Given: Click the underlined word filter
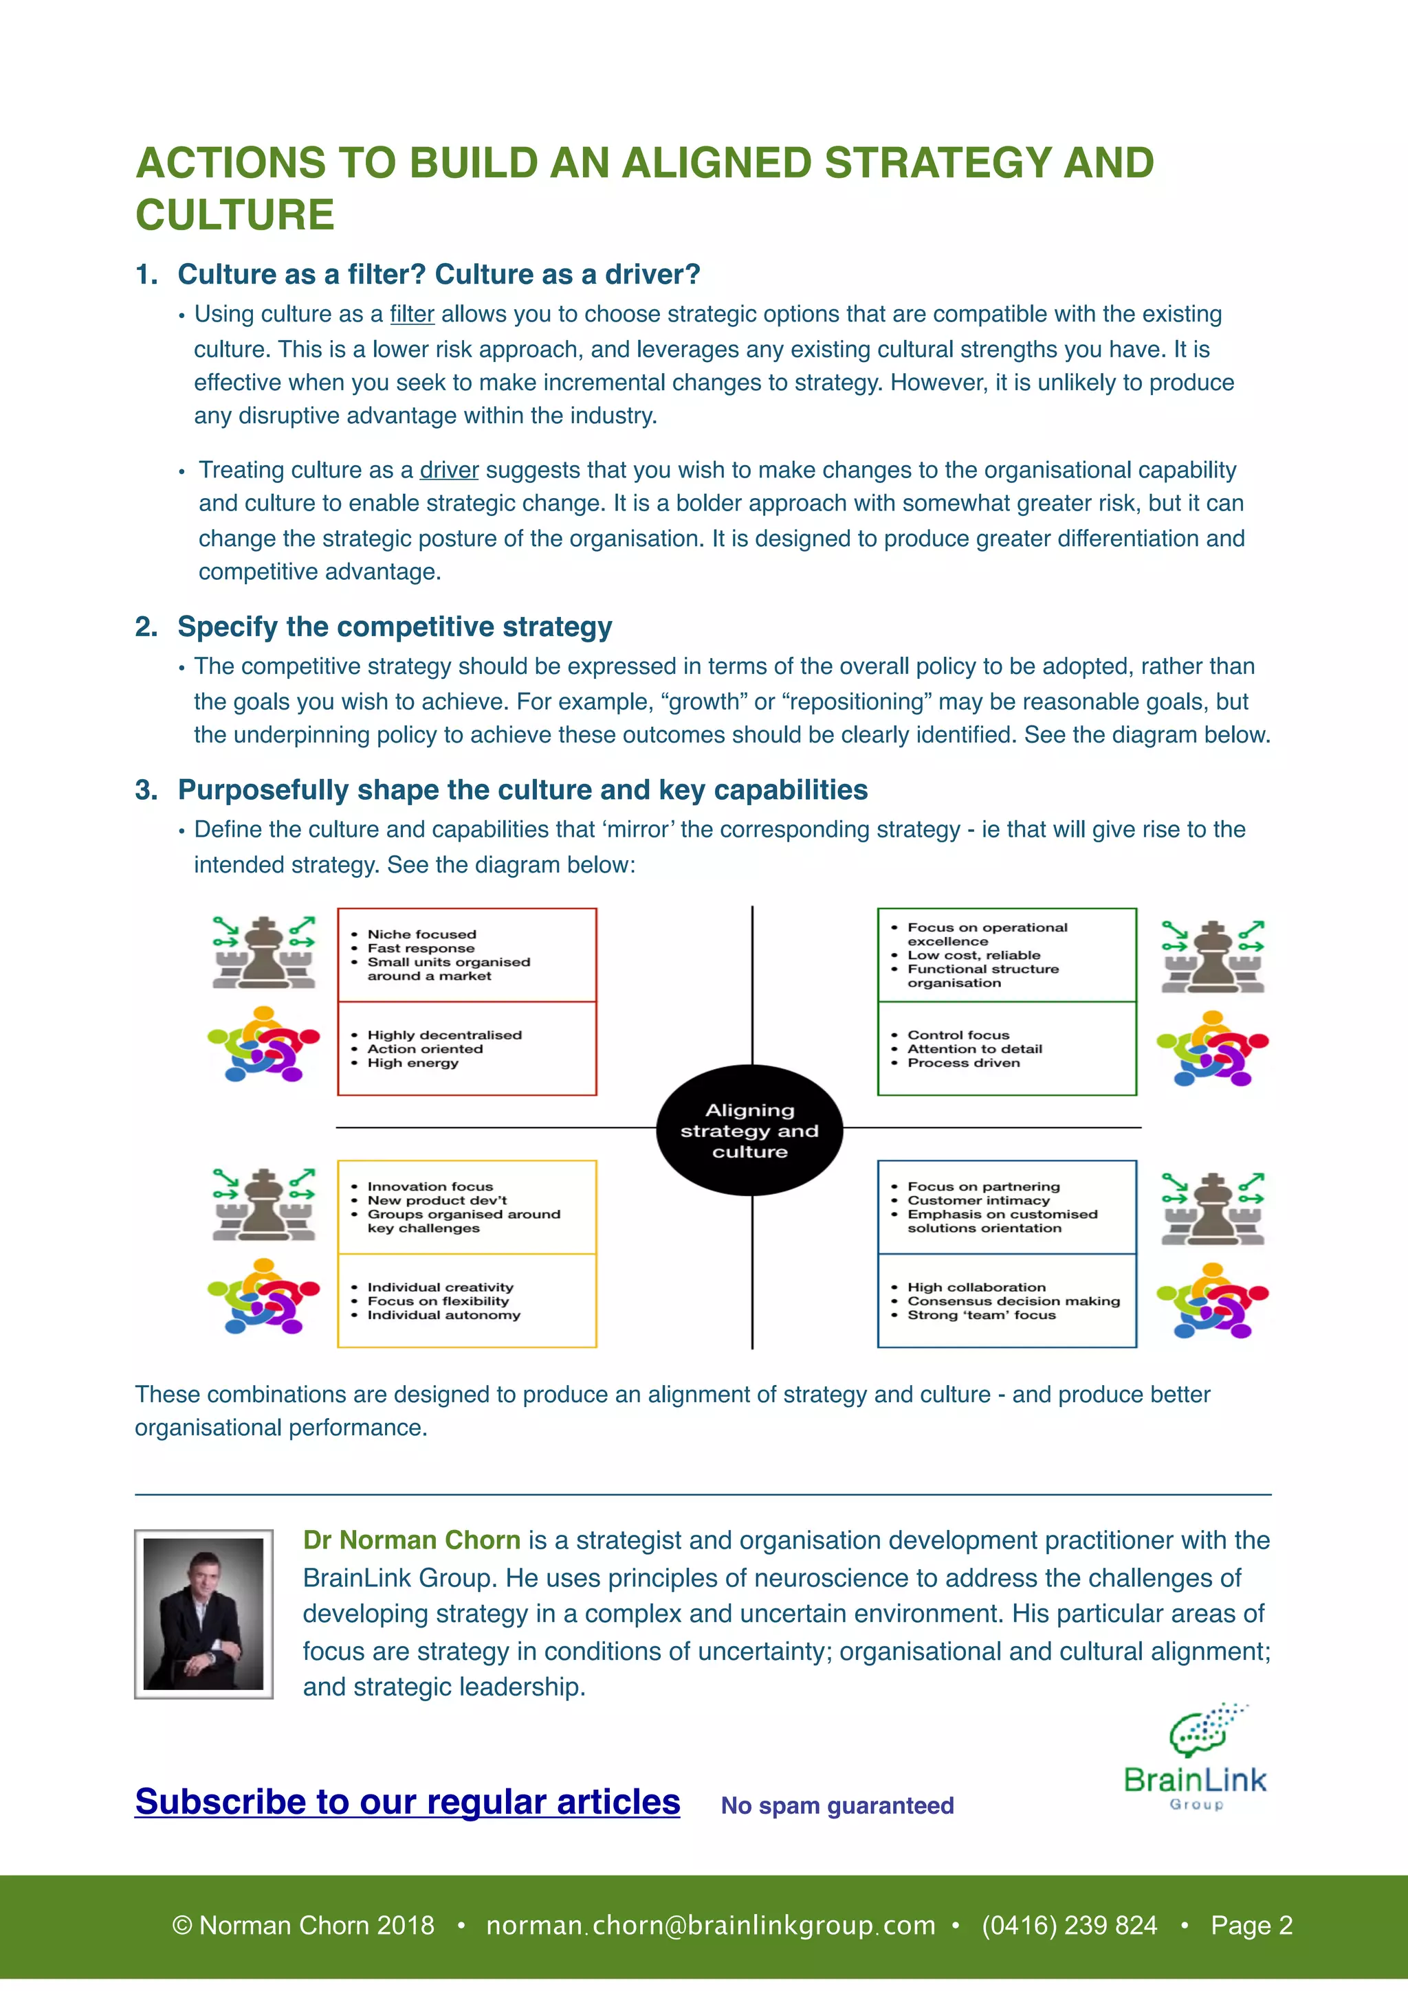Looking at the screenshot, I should pyautogui.click(x=412, y=314).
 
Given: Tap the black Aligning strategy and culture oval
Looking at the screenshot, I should pyautogui.click(x=749, y=1130).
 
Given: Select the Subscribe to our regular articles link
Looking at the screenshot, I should pyautogui.click(x=408, y=1802).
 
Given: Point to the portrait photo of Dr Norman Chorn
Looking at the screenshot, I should pyautogui.click(x=204, y=1613).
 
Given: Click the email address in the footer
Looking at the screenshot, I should pyautogui.click(x=710, y=1925).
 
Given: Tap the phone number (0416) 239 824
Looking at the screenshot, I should pyautogui.click(x=1069, y=1925).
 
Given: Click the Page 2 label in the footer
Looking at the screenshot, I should pyautogui.click(x=1251, y=1925).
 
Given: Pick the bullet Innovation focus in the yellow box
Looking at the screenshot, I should pyautogui.click(x=430, y=1186).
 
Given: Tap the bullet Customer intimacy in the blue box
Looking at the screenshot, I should pyautogui.click(x=978, y=1200).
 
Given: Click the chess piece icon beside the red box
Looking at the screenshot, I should pyautogui.click(x=264, y=952).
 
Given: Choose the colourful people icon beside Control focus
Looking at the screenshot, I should pyautogui.click(x=1212, y=1048).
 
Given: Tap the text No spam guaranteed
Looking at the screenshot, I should pyautogui.click(x=837, y=1806).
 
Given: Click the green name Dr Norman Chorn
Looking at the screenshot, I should pyautogui.click(x=412, y=1540).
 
